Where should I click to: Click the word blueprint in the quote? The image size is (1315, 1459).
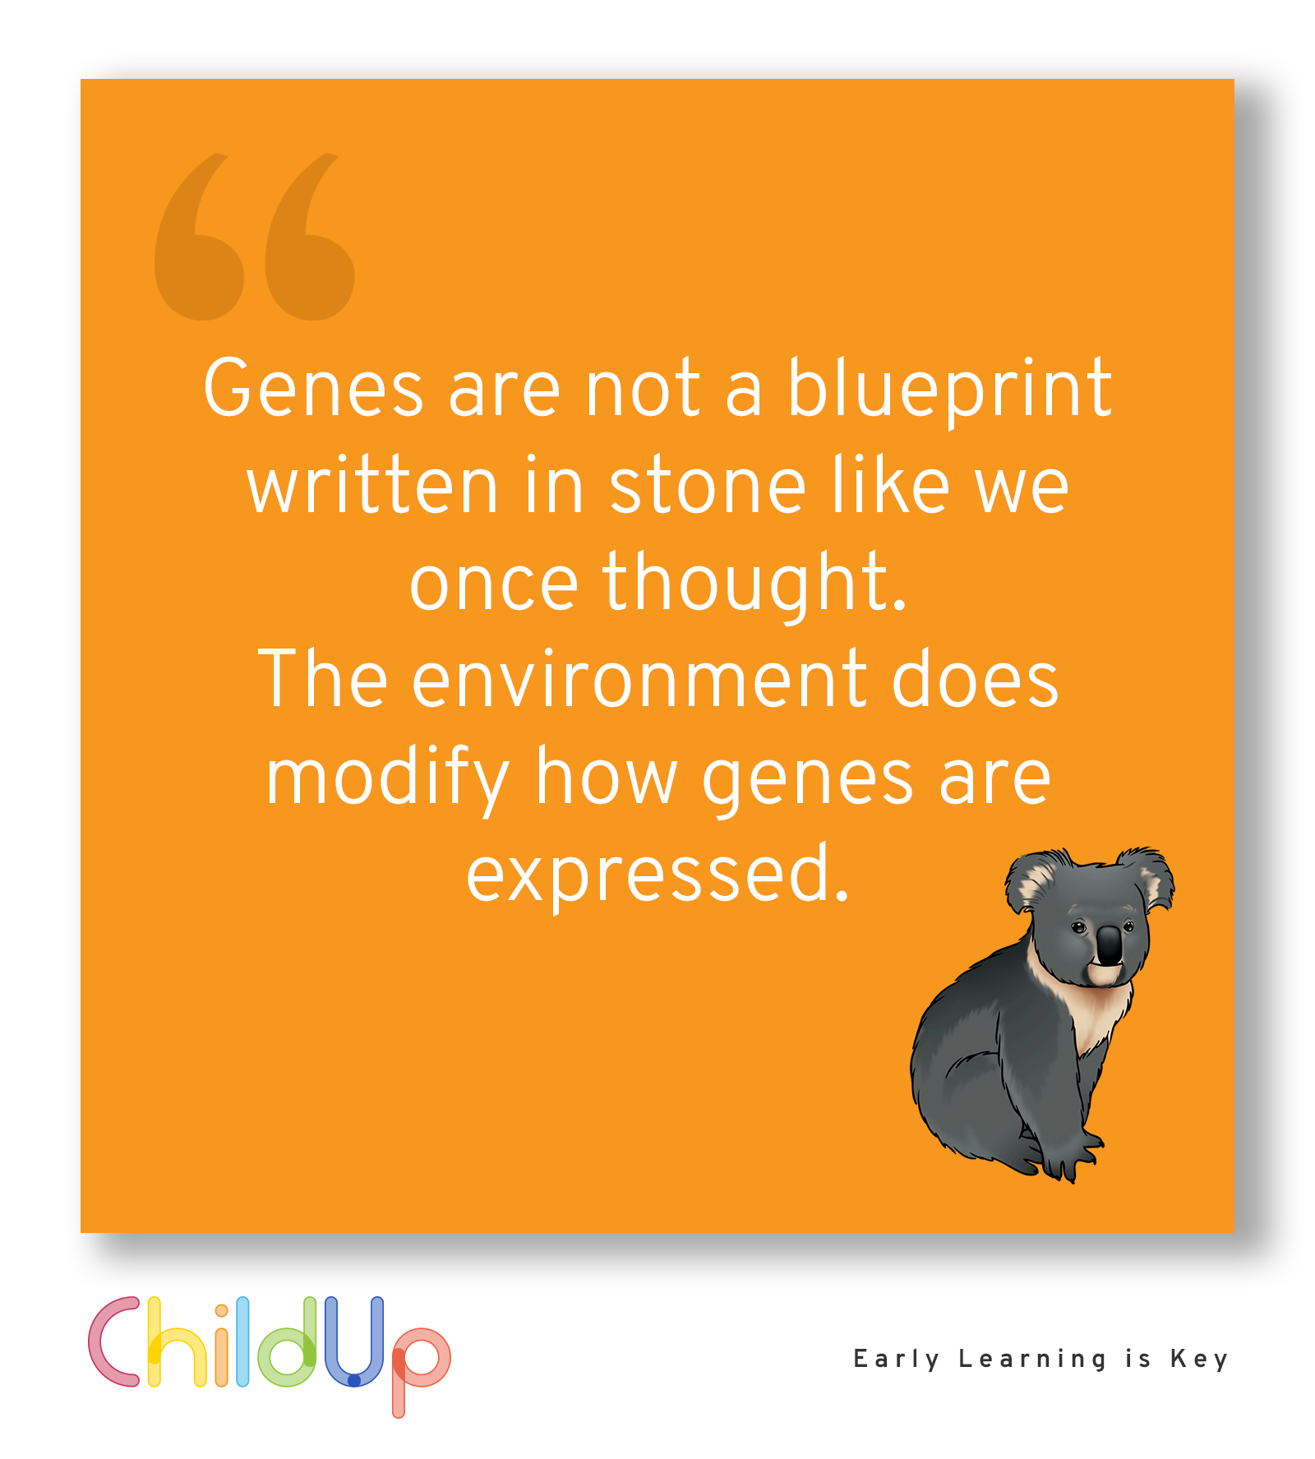pos(949,391)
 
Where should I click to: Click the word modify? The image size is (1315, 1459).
pos(388,779)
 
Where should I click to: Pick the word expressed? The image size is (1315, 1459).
pos(657,876)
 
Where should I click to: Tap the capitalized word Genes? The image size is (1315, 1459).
pos(313,388)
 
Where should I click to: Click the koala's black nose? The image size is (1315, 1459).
pos(1109,945)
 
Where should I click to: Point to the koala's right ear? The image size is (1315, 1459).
pos(1147,876)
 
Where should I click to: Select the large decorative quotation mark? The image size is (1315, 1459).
pos(255,237)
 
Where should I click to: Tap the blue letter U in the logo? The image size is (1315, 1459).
pos(354,1341)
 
